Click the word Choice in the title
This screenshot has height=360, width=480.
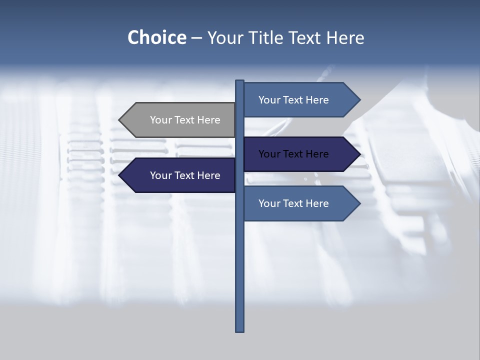(156, 37)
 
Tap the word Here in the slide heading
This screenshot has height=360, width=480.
(345, 37)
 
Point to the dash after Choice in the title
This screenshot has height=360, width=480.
(196, 38)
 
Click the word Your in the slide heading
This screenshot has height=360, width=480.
(225, 37)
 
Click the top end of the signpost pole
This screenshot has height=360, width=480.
(239, 81)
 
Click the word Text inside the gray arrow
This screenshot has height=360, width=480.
(185, 120)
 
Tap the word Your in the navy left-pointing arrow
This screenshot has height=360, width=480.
(160, 175)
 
